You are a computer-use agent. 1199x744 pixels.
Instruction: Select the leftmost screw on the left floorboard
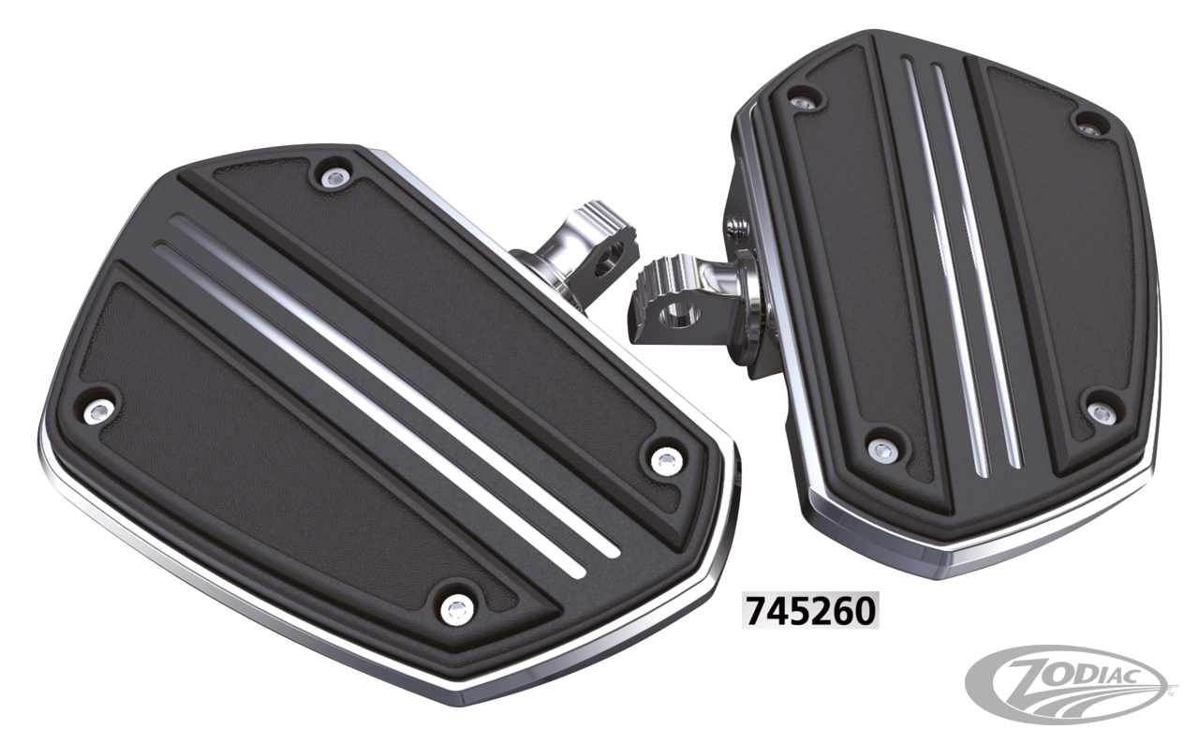96,409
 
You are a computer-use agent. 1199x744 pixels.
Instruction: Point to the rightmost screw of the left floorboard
666,459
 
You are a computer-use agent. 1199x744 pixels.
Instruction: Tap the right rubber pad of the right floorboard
1058,272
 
